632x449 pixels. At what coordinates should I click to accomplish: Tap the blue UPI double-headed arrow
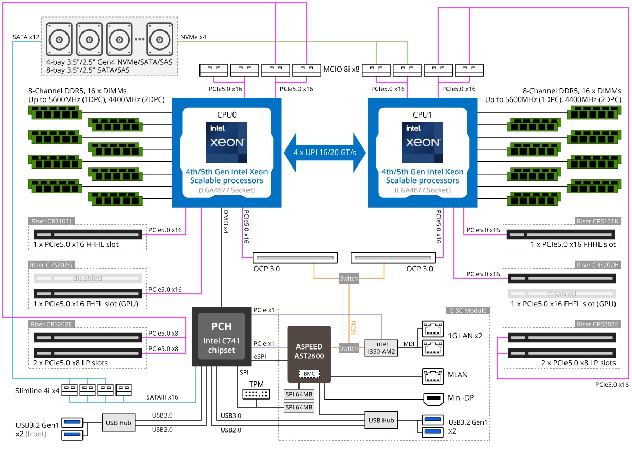tap(325, 153)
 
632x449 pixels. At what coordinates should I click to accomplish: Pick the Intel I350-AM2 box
tap(381, 347)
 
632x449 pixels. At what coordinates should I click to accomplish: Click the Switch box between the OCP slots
tap(348, 279)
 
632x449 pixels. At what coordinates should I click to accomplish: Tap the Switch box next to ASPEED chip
tap(349, 348)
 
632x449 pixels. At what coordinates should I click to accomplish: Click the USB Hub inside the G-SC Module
tap(381, 420)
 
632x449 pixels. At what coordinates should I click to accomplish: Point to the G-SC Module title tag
tap(466, 310)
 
